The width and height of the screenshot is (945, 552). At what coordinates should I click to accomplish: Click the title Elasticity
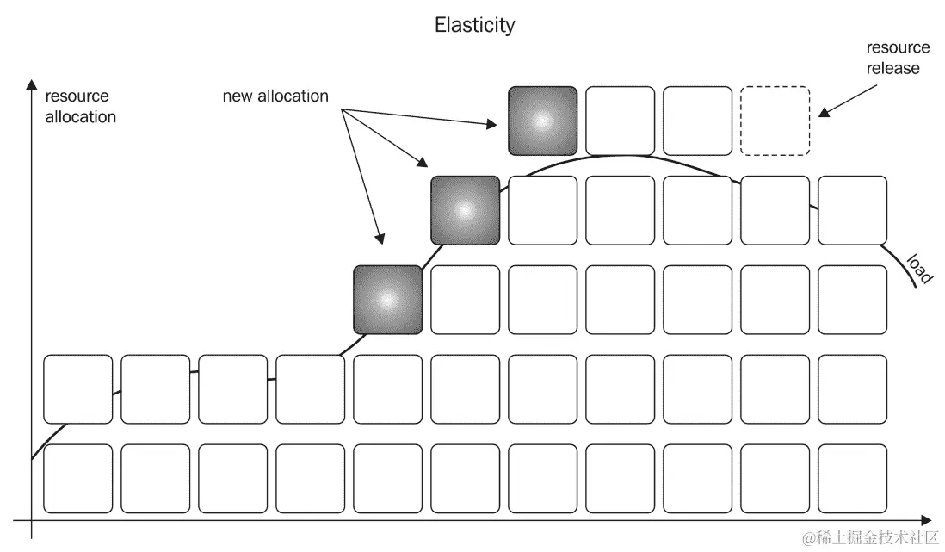point(474,25)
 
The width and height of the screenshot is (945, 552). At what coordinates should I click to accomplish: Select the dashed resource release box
point(775,121)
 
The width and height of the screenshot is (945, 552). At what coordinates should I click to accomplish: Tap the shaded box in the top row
point(542,121)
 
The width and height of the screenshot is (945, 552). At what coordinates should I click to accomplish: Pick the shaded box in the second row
point(465,210)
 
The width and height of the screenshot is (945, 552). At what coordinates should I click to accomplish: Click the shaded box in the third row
point(387,300)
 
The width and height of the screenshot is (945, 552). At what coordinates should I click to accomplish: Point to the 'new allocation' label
point(275,96)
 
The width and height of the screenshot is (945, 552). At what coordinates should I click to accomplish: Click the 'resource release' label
point(898,58)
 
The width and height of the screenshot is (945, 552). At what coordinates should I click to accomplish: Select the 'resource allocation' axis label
point(80,107)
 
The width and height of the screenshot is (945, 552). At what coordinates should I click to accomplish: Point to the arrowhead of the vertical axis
point(31,84)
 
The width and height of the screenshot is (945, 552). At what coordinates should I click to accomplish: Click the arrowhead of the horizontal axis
point(925,520)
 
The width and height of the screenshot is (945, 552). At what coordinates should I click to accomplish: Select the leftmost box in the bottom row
point(77,479)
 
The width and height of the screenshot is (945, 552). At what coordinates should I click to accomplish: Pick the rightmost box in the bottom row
point(852,479)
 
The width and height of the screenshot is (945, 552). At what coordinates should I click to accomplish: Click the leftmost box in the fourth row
point(77,389)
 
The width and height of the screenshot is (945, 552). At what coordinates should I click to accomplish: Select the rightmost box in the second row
point(852,210)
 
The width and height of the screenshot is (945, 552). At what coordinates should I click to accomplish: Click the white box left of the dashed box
point(697,121)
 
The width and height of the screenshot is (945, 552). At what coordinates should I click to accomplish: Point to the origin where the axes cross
point(31,520)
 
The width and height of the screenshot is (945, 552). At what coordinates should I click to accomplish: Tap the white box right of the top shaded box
point(620,121)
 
